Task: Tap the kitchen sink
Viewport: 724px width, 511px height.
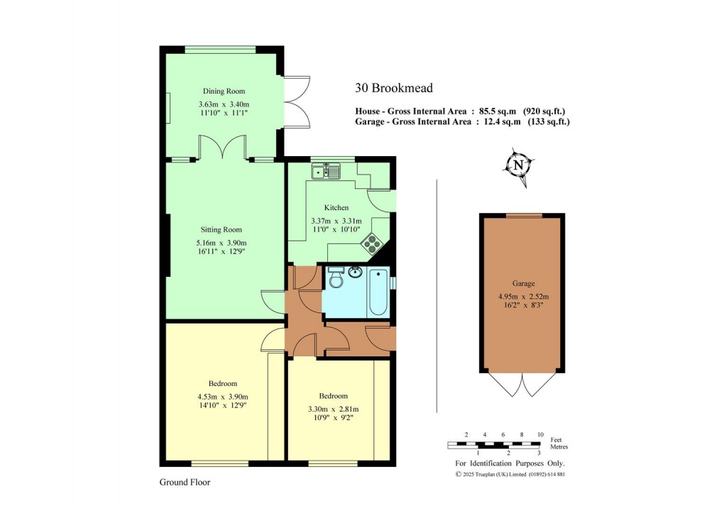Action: point(326,170)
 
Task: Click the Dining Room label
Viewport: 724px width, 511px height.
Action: point(224,92)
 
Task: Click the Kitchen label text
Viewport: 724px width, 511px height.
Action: point(337,208)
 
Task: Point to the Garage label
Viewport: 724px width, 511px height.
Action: point(523,283)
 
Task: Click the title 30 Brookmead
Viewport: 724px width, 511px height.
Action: point(394,89)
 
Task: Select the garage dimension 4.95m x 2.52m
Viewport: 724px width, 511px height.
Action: point(523,297)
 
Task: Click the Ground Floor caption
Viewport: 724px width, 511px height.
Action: point(185,482)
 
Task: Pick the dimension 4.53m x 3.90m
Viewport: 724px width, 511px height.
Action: point(224,397)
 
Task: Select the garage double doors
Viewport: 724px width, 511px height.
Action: point(523,385)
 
